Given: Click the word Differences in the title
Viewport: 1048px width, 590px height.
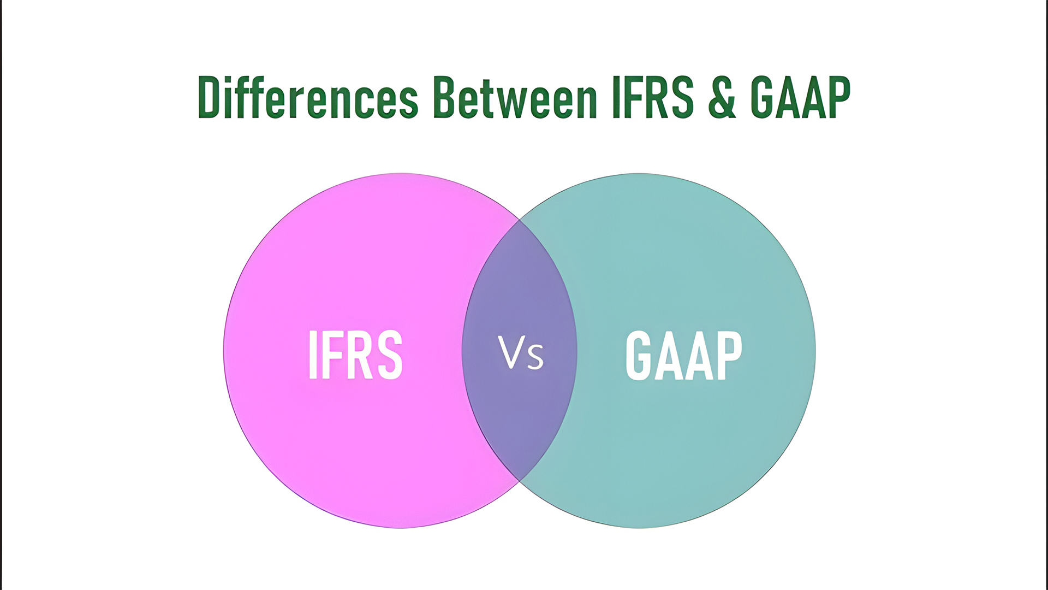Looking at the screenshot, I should tap(308, 98).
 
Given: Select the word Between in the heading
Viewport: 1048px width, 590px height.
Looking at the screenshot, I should tap(515, 98).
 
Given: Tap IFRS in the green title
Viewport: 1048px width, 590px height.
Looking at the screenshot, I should tap(653, 98).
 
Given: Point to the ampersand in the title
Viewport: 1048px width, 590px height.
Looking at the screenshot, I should tap(722, 98).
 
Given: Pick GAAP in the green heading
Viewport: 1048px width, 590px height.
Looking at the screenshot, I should tap(800, 98).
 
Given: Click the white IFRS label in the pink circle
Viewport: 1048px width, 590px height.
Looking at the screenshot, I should tap(355, 355).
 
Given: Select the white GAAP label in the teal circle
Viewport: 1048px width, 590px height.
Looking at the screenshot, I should tap(683, 355).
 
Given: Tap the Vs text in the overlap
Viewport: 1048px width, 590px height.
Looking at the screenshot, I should tap(521, 353).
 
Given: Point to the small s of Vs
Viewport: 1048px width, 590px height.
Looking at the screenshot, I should tap(535, 357).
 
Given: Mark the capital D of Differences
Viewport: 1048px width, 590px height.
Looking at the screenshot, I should tap(209, 98).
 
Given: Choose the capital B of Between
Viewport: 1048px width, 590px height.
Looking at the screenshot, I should tap(445, 98).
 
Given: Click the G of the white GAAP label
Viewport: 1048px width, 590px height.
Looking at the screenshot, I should tap(639, 355).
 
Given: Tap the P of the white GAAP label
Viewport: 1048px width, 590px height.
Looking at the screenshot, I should tap(729, 355).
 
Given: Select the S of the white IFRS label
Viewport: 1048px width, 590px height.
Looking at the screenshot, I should tap(390, 355).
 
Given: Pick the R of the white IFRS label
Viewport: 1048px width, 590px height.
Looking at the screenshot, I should tap(361, 355).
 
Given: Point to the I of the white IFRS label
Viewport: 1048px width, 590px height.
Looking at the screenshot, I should tap(313, 355).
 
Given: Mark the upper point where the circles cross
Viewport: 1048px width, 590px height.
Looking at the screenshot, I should tap(519, 220).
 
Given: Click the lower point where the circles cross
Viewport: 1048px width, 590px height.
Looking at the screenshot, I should tap(519, 481).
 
